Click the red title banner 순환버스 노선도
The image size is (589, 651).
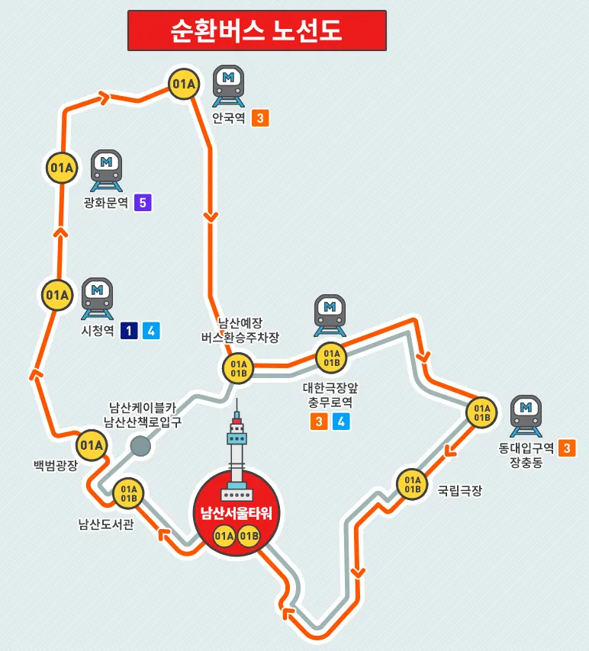pos(256,30)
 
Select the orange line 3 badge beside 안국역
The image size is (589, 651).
pos(260,118)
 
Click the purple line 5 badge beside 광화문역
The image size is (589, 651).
pos(142,203)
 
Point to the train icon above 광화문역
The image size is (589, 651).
pos(107,170)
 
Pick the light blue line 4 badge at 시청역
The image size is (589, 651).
pos(151,331)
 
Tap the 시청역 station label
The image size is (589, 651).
pos(97,331)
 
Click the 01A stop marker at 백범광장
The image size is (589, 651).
pos(91,444)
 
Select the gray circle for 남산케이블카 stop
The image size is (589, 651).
pos(140,446)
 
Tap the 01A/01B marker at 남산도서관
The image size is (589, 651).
pos(128,493)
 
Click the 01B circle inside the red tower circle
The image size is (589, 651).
pos(249,537)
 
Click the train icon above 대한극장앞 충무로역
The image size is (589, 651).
pos(330,314)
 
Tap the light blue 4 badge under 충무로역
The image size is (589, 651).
pos(341,421)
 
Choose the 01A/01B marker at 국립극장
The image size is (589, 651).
pos(413,484)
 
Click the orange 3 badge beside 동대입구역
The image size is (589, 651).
pos(567,448)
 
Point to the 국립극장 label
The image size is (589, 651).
pos(459,491)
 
